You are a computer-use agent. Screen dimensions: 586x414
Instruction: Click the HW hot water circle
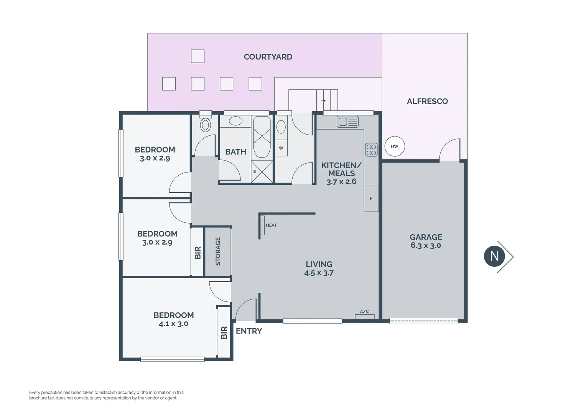tap(395, 146)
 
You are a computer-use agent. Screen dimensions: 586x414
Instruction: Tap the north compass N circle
tap(494, 256)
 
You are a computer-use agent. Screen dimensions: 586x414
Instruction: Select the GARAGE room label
tap(426, 237)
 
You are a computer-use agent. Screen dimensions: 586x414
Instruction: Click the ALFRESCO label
tap(427, 101)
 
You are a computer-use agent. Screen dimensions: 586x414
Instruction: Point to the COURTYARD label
tap(268, 57)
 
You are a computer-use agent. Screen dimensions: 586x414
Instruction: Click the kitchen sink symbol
tap(347, 122)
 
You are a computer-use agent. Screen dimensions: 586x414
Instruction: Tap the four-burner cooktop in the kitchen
tap(371, 149)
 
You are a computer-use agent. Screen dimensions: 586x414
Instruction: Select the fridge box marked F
tap(371, 198)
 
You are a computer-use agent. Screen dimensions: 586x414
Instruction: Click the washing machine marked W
tap(281, 148)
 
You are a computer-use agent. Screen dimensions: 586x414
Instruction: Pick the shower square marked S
tap(262, 172)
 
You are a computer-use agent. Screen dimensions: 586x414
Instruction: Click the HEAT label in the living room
tap(271, 225)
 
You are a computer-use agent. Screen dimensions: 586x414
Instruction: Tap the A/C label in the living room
tap(364, 311)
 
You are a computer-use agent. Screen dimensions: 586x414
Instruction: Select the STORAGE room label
tap(218, 251)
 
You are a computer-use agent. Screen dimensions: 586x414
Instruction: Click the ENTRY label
tap(249, 331)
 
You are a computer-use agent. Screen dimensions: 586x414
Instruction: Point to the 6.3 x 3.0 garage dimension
tap(426, 245)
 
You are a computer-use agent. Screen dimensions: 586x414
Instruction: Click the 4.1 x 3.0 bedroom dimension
tap(173, 324)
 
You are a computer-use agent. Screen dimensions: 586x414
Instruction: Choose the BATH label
tap(235, 152)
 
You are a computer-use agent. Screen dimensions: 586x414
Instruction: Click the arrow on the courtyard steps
tap(324, 101)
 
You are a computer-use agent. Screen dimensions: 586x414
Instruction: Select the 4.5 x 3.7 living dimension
tap(319, 273)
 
